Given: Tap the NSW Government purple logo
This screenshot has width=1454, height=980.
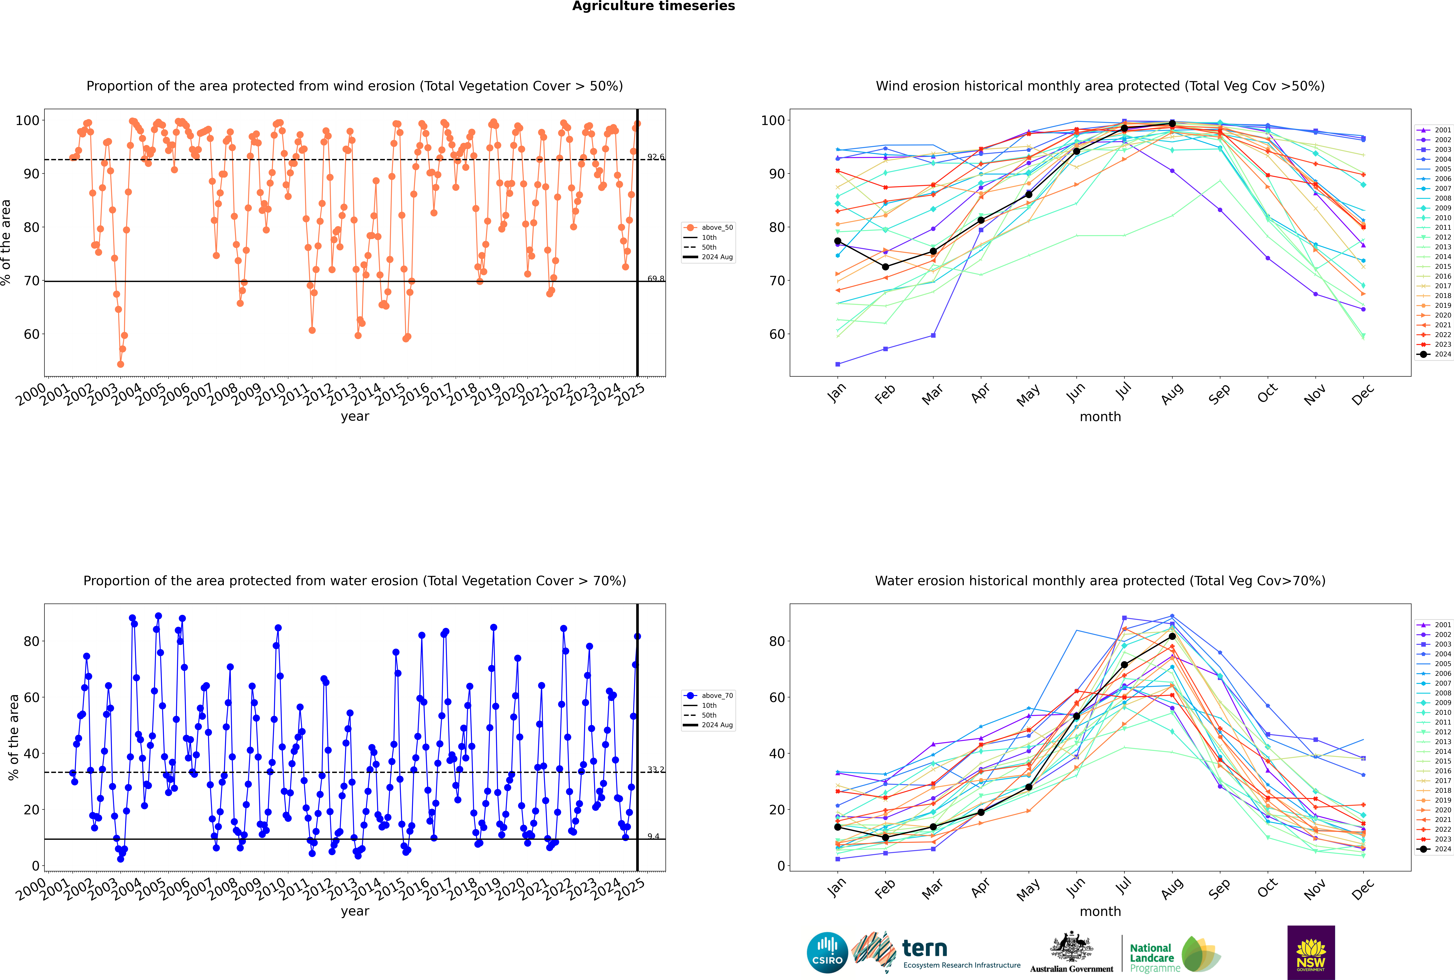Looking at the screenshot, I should pyautogui.click(x=1311, y=952).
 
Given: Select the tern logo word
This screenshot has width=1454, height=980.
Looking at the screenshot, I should pyautogui.click(x=925, y=949).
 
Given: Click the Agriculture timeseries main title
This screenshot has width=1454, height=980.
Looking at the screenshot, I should pyautogui.click(x=653, y=6).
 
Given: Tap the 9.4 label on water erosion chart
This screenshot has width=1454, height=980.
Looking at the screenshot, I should pyautogui.click(x=653, y=836).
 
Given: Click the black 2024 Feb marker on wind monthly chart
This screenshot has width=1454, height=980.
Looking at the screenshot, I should pyautogui.click(x=885, y=267).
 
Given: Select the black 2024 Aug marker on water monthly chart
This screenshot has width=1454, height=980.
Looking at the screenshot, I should pyautogui.click(x=1172, y=636).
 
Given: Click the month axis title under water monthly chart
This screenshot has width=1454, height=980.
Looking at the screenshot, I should pyautogui.click(x=1100, y=911).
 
